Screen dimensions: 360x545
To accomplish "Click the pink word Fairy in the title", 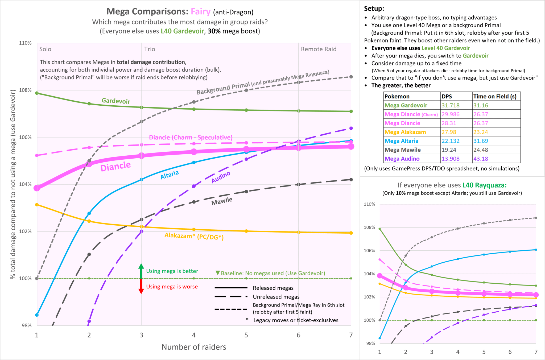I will pos(200,12).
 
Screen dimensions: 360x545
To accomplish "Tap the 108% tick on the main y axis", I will pos(25,90).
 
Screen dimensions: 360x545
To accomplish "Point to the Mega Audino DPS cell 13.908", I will pos(450,159).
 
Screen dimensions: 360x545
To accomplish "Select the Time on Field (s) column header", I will pos(495,96).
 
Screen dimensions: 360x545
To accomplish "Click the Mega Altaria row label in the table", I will pos(401,141).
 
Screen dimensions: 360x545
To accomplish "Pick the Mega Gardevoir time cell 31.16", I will pos(481,105).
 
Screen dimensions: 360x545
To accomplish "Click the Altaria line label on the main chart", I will pos(170,175).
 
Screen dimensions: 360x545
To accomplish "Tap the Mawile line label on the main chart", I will pos(222,201).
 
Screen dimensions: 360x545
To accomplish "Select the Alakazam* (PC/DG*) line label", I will pos(194,236).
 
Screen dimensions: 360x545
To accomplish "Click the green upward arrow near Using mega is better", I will pos(141,270).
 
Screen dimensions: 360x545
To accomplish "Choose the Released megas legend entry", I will pos(273,288).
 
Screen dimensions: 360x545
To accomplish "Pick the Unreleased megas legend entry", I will pos(276,297).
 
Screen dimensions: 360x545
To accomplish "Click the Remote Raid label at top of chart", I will pos(319,49).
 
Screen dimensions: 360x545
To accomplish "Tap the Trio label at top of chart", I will pos(150,49).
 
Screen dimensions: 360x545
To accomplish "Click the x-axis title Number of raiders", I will pos(194,347).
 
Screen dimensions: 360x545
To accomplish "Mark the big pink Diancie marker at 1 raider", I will pos(37,188).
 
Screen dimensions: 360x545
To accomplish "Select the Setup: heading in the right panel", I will pos(374,9).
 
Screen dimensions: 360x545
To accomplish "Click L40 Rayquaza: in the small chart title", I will pos(484,185).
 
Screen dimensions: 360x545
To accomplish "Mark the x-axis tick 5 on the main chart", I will pos(246,335).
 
